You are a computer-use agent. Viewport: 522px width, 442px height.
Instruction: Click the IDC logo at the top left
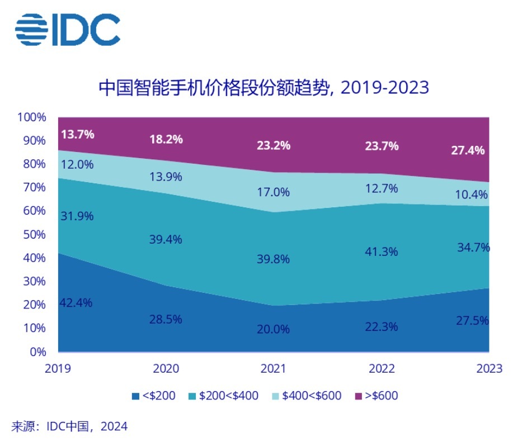(68, 30)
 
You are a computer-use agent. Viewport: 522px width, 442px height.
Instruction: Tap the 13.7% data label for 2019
(77, 134)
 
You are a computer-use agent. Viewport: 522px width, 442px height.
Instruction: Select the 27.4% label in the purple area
(468, 151)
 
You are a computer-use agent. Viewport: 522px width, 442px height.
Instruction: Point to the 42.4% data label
(77, 303)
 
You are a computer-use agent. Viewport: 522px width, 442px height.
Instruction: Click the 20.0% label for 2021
(274, 329)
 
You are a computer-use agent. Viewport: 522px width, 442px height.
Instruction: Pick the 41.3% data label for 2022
(381, 251)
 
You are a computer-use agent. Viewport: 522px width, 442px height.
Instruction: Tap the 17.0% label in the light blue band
(274, 192)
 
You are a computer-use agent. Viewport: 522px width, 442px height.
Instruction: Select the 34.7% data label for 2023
(473, 246)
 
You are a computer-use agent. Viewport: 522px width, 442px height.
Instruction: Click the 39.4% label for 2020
(166, 239)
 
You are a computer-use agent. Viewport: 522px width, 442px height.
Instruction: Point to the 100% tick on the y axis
(31, 117)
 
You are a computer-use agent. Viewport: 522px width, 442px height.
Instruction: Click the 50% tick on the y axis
(34, 235)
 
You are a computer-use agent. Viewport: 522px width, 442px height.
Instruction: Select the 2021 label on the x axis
(274, 369)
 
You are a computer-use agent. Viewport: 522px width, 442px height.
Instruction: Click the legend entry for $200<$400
(223, 396)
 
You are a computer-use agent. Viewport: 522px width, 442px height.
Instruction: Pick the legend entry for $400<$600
(306, 396)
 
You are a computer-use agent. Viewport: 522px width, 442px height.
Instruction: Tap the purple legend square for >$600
(359, 396)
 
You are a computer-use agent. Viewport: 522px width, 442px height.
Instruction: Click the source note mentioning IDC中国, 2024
(69, 426)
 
